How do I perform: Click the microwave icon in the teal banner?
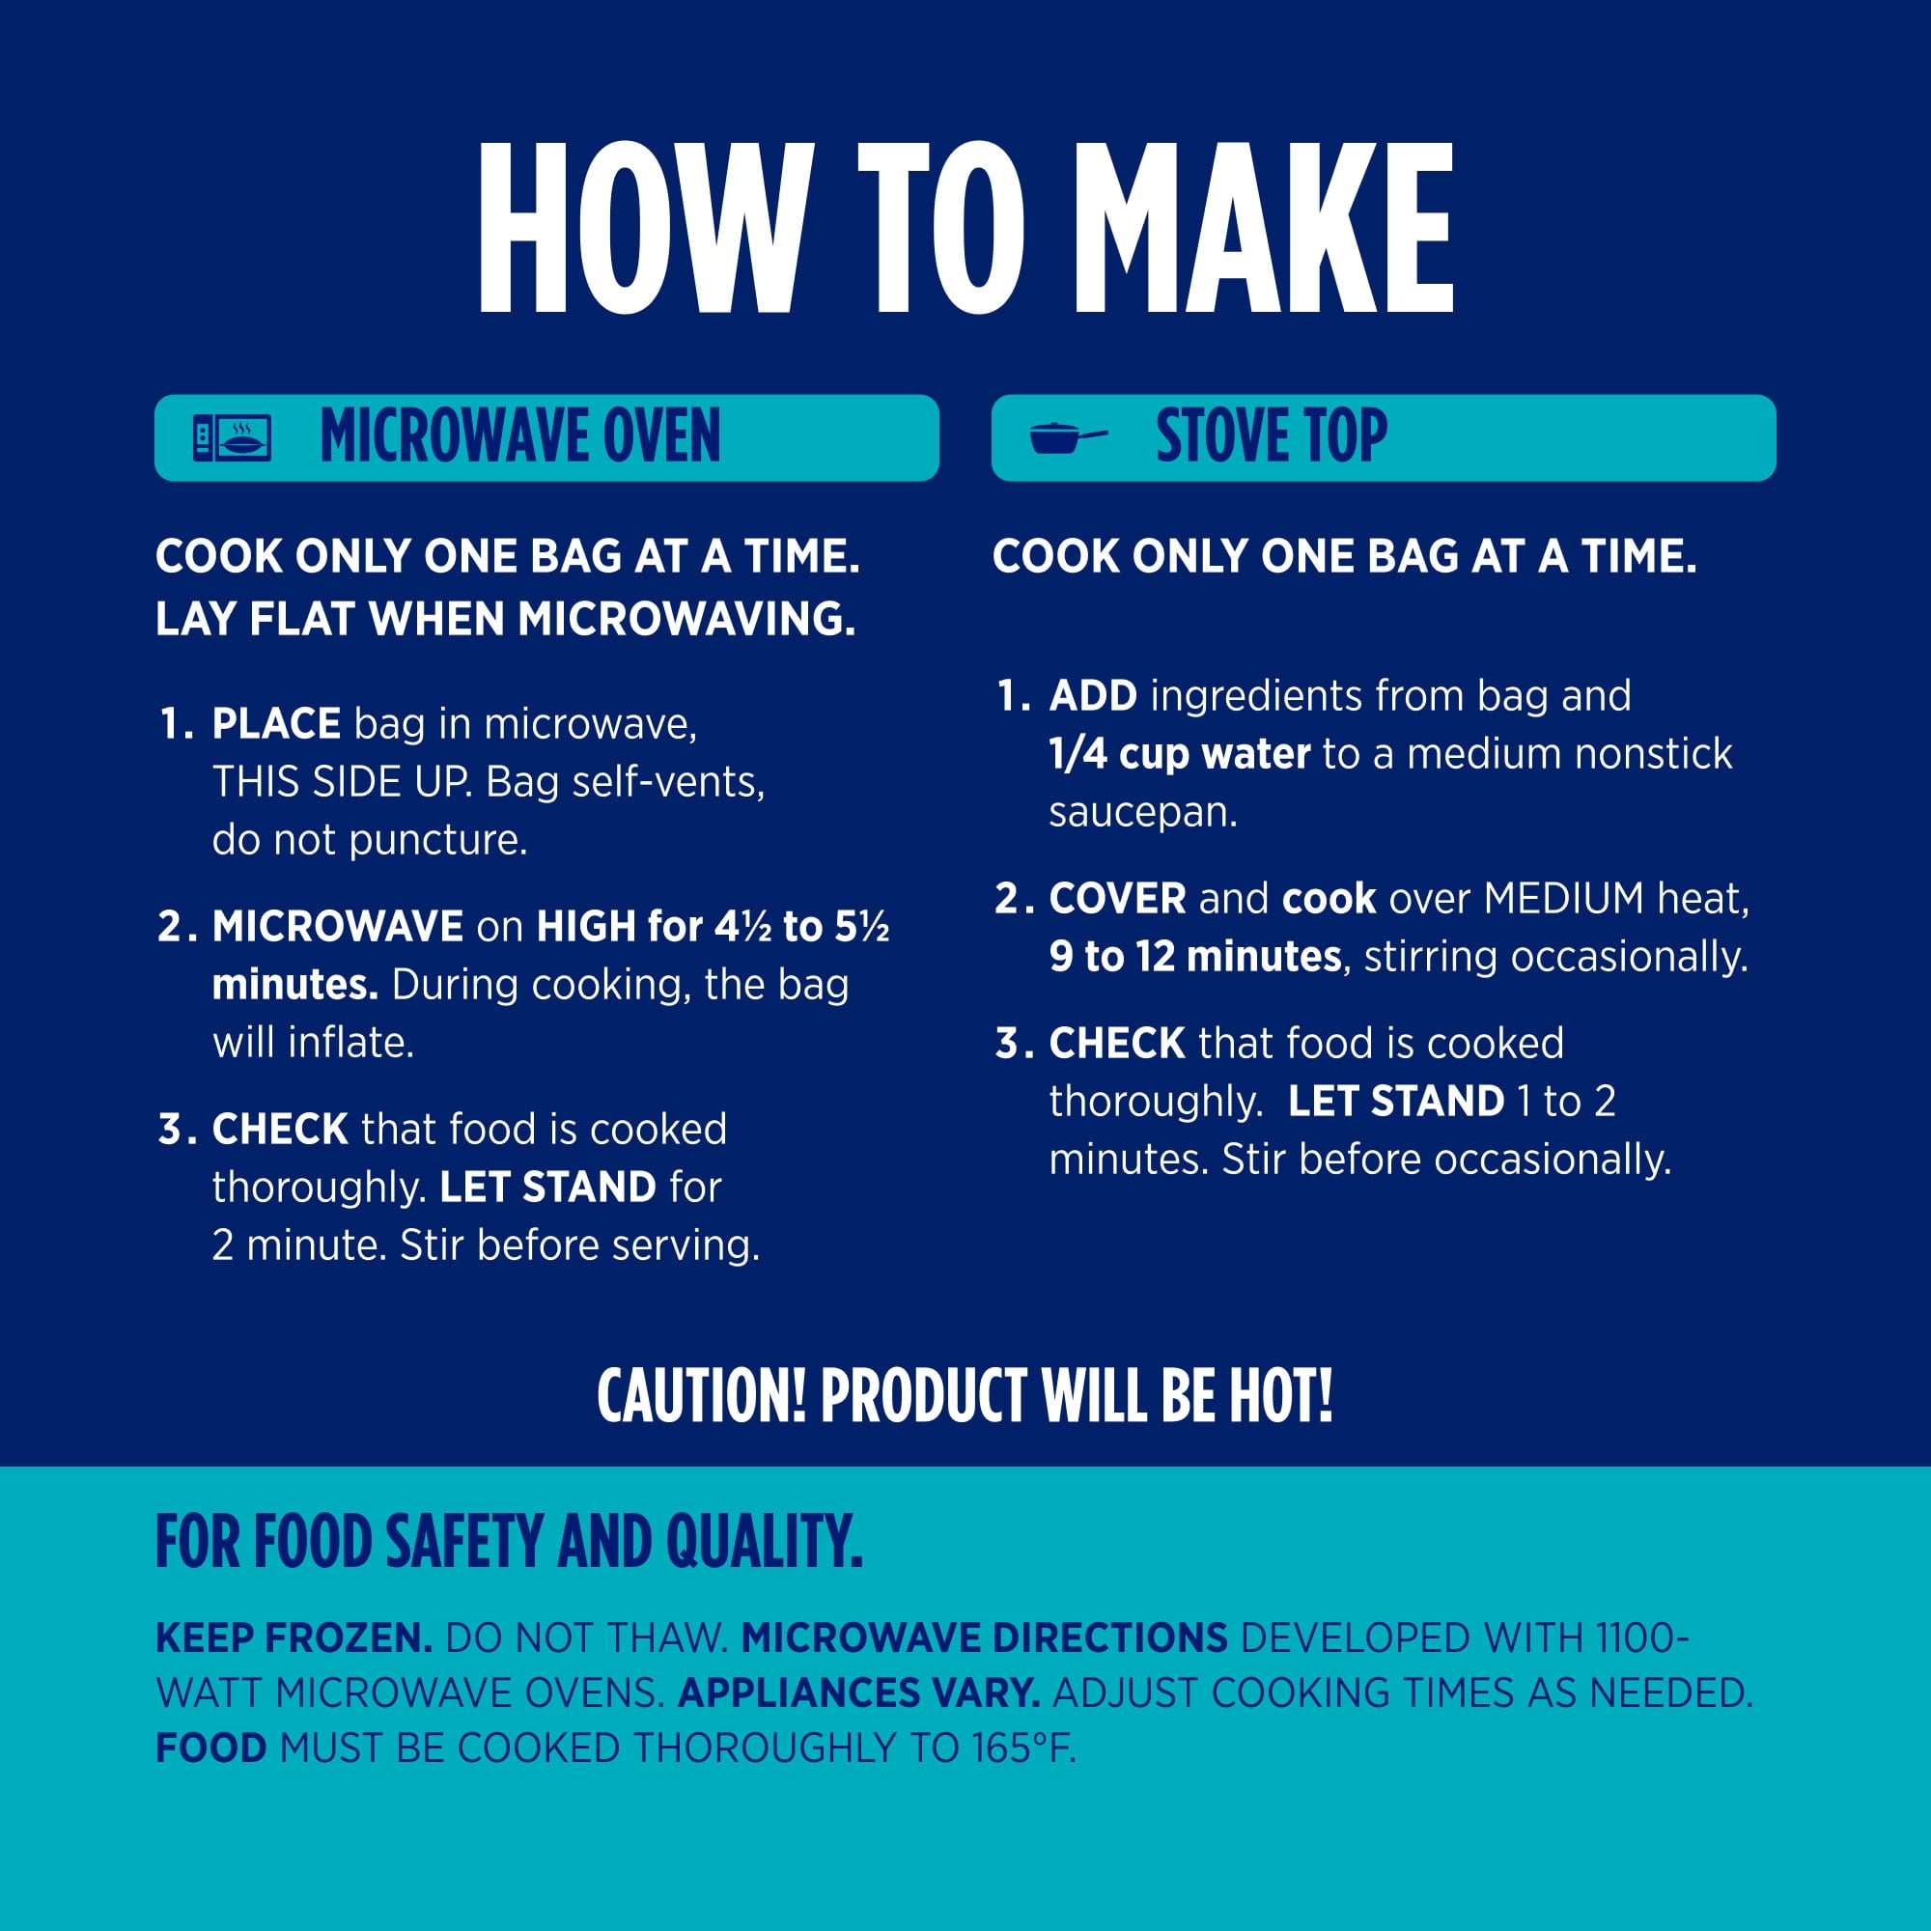(232, 437)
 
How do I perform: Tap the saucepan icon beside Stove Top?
(1069, 437)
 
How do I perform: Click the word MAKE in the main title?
(1262, 228)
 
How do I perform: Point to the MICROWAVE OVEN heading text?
(519, 436)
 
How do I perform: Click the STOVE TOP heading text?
(1272, 436)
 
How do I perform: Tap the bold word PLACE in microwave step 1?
(276, 723)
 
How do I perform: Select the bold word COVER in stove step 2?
(1117, 899)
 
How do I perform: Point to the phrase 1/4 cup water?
(1180, 754)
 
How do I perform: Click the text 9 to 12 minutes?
(1195, 957)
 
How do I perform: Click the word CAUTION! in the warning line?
(702, 1395)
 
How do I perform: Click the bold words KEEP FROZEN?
(294, 1638)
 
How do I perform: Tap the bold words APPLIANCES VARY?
(858, 1693)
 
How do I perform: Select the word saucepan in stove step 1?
(1142, 814)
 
